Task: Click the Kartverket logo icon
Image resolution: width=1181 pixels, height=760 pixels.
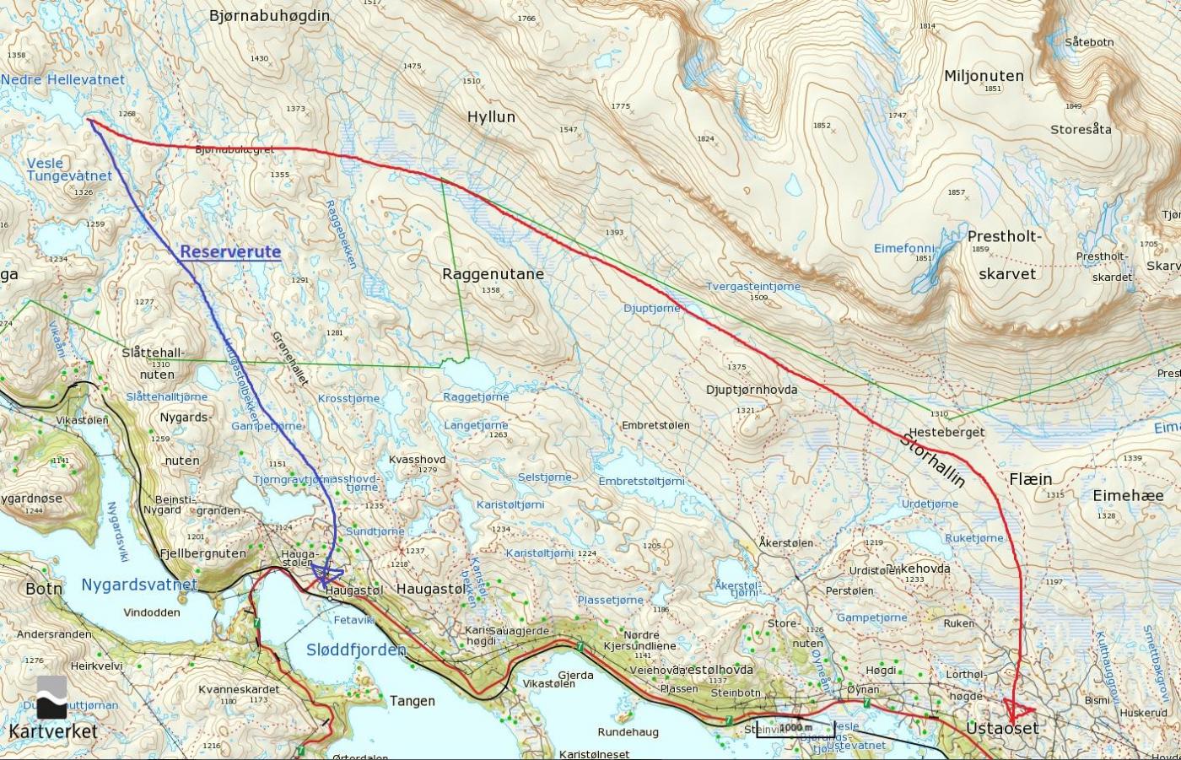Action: [x=51, y=697]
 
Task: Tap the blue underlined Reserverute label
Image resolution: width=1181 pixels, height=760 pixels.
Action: [x=230, y=251]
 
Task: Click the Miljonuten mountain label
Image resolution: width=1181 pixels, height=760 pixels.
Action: [x=984, y=75]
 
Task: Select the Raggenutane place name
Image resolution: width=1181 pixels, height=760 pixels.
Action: [x=493, y=273]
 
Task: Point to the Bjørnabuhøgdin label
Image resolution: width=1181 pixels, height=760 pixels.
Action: [x=269, y=15]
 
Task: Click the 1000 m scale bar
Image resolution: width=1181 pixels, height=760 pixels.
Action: [x=795, y=728]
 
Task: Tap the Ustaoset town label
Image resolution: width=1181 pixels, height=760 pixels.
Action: [x=1002, y=728]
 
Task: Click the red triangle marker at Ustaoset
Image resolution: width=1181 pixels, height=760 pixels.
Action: [x=1018, y=709]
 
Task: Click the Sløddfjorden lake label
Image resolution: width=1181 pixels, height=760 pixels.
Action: [x=355, y=650]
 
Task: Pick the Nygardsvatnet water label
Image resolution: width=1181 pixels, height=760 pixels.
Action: [x=139, y=585]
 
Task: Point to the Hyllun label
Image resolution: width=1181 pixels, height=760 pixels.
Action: [x=491, y=116]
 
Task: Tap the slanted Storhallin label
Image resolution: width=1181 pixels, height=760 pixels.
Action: [x=932, y=460]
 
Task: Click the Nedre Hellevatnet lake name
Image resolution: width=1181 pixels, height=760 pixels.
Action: [x=62, y=79]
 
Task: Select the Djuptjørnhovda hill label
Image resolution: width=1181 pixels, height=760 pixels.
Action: [x=752, y=390]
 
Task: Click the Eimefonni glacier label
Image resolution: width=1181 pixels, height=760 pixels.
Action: [x=904, y=248]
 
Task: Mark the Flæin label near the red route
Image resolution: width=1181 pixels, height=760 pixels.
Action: [x=1030, y=478]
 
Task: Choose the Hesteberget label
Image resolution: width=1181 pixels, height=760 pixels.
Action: [x=946, y=431]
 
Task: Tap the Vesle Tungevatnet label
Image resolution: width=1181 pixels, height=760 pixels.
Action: [x=69, y=170]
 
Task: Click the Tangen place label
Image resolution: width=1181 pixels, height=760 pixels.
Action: [x=412, y=700]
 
